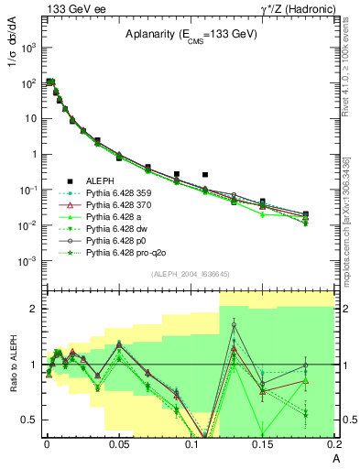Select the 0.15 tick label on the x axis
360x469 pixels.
coord(262,443)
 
